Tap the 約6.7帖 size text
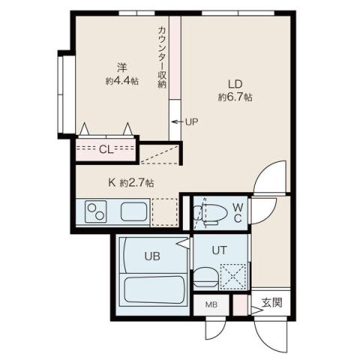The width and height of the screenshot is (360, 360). pyautogui.click(x=235, y=97)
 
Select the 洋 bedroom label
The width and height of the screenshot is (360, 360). pyautogui.click(x=119, y=65)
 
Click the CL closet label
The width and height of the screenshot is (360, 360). pyautogui.click(x=106, y=149)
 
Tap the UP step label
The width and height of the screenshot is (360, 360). pyautogui.click(x=192, y=121)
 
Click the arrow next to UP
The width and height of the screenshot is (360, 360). pyautogui.click(x=177, y=121)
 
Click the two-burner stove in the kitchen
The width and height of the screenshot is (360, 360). pyautogui.click(x=96, y=211)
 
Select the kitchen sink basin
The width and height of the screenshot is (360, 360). pyautogui.click(x=133, y=211)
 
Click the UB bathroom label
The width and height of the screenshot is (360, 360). pyautogui.click(x=152, y=256)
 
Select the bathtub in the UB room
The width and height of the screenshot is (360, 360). pyautogui.click(x=152, y=289)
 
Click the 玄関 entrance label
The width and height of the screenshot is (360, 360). pyautogui.click(x=271, y=304)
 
